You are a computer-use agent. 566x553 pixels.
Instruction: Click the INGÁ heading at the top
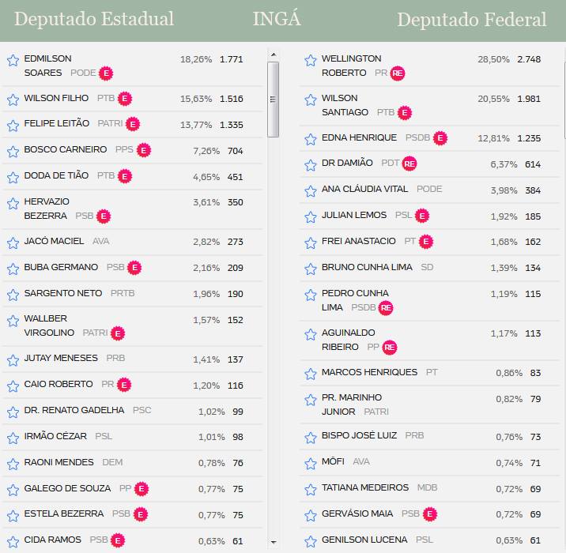277,20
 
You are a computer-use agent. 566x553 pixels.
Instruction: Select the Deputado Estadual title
94,20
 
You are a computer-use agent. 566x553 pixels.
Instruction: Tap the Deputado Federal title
471,20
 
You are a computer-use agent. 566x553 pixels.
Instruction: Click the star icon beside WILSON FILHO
13,100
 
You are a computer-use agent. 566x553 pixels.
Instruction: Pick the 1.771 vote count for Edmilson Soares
231,59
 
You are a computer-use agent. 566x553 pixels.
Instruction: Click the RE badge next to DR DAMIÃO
409,164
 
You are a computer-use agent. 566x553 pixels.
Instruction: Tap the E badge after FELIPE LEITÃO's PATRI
133,124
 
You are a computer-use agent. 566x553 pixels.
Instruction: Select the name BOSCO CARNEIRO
66,149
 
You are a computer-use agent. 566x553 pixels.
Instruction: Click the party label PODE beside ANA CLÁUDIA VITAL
429,189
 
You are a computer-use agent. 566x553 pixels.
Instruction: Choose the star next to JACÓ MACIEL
13,242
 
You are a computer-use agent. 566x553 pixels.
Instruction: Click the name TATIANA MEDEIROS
365,487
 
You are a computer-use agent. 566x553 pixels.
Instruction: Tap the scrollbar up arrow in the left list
274,55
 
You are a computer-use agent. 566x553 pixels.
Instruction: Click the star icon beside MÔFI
311,463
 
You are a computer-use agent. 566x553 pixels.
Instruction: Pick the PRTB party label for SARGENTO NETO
123,293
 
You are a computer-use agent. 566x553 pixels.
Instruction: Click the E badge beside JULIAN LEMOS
422,216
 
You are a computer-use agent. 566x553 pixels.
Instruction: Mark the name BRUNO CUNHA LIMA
367,267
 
